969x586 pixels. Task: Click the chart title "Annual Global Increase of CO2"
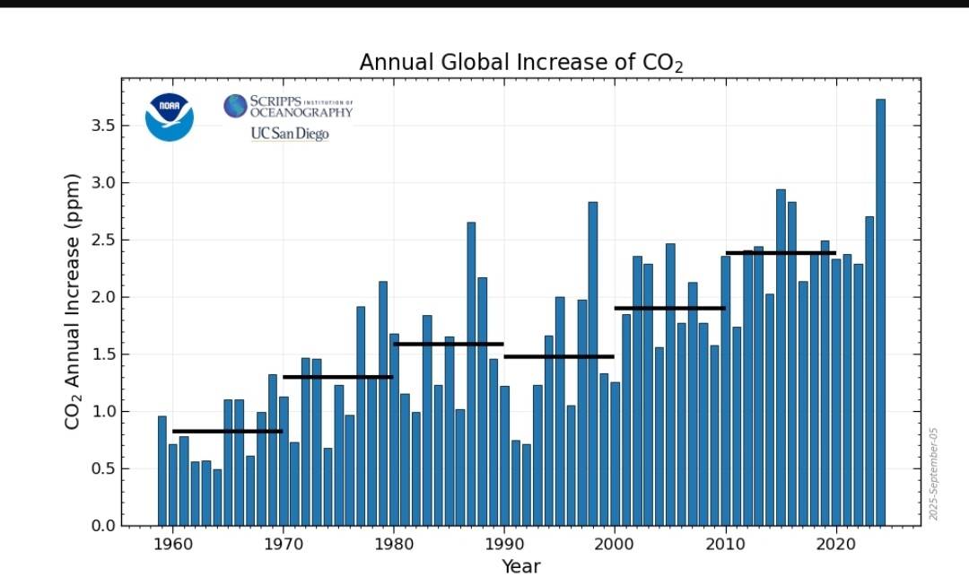click(x=521, y=63)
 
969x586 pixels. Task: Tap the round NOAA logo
click(x=170, y=118)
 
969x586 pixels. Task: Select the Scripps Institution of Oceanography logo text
click(x=289, y=107)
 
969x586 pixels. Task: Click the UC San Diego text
click(x=289, y=134)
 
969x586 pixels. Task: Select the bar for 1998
click(x=593, y=363)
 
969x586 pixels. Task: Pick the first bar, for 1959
click(x=162, y=470)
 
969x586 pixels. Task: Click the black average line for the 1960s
click(x=228, y=431)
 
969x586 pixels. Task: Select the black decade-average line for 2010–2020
click(x=781, y=253)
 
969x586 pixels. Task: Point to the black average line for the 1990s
click(x=559, y=356)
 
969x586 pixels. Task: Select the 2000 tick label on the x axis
click(x=615, y=543)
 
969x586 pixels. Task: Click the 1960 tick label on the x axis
click(x=173, y=543)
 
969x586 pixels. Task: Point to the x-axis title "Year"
click(x=521, y=566)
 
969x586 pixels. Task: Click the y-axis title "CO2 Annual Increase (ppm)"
click(x=74, y=301)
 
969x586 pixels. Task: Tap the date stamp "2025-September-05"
click(x=933, y=474)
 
